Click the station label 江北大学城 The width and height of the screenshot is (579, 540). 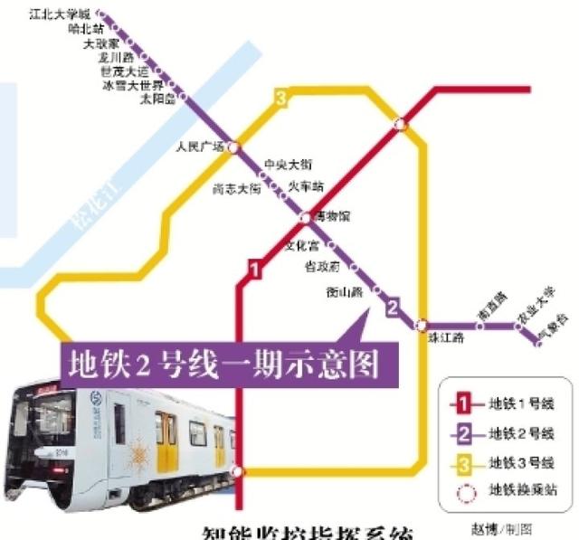[60, 14]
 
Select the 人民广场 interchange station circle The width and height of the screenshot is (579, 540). [233, 146]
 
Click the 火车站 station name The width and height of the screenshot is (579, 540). [305, 186]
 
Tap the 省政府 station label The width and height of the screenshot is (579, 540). [322, 267]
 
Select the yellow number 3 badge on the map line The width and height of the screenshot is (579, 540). [281, 98]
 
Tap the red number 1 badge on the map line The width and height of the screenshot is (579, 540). [255, 269]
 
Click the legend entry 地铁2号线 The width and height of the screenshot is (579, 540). [516, 432]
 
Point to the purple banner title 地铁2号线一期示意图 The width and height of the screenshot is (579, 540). [222, 364]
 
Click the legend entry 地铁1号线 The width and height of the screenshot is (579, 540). [516, 403]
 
